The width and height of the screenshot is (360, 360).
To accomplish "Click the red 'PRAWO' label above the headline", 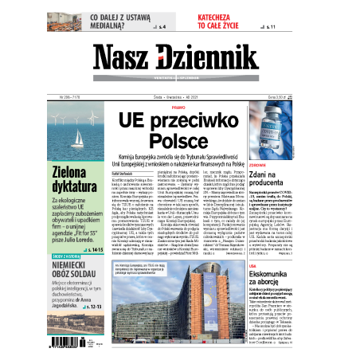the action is (178, 105).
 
